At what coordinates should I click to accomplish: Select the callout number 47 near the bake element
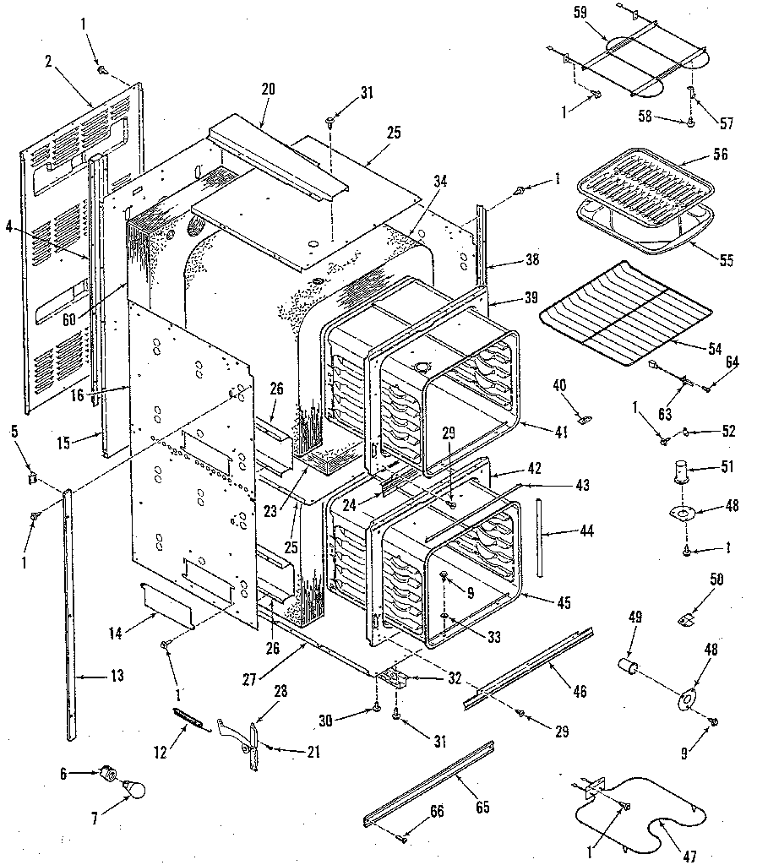pyautogui.click(x=690, y=856)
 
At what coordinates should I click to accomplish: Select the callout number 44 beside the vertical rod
pyautogui.click(x=564, y=532)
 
